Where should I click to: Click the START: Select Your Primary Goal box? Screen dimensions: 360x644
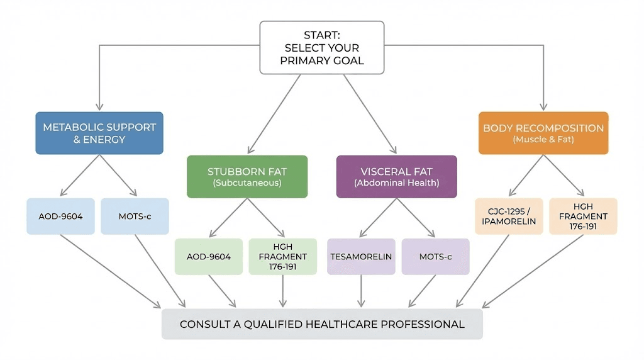coord(321,48)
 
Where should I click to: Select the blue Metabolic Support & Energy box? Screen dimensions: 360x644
coord(99,133)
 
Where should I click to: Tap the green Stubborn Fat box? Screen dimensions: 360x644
coord(247,177)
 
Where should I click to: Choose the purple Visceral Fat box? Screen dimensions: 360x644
coord(396,177)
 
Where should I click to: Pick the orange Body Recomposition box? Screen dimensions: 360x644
coord(543,133)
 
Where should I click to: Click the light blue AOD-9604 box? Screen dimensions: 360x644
coord(60,217)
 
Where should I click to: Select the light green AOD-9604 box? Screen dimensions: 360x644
coord(209,257)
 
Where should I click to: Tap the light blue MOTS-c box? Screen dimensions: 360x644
coord(135,217)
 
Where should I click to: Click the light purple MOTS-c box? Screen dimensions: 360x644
coord(435,257)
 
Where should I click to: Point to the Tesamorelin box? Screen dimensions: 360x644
coord(361,257)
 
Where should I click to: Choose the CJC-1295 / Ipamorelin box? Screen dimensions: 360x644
coord(509,217)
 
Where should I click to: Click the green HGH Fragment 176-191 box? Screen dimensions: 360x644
coord(282,257)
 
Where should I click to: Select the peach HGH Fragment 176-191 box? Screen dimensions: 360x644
coord(583,217)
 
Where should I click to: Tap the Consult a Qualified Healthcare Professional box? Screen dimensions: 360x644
coord(322,324)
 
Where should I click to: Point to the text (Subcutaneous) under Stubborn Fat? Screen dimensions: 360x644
coord(247,183)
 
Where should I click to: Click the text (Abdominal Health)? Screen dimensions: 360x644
coord(396,183)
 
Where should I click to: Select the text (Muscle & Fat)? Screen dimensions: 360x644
coord(543,139)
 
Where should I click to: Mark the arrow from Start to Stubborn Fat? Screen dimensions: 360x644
coord(275,114)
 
